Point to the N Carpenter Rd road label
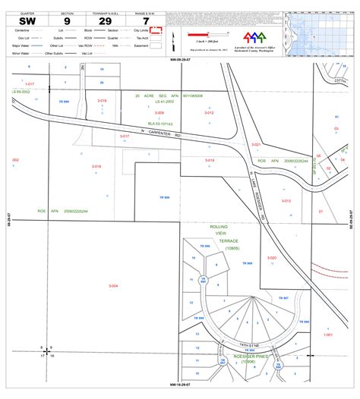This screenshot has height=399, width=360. coord(163,130)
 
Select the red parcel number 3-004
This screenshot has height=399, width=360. coord(113,285)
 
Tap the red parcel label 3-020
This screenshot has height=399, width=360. coord(272,258)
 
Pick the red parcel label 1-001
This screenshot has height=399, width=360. coord(329,335)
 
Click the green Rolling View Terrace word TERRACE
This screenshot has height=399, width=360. coord(229,240)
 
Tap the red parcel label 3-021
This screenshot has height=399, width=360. coord(256,144)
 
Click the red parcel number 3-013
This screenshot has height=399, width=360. coord(286,201)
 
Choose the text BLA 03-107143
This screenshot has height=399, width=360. coord(160,123)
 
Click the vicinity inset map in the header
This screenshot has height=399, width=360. coord(320,30)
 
